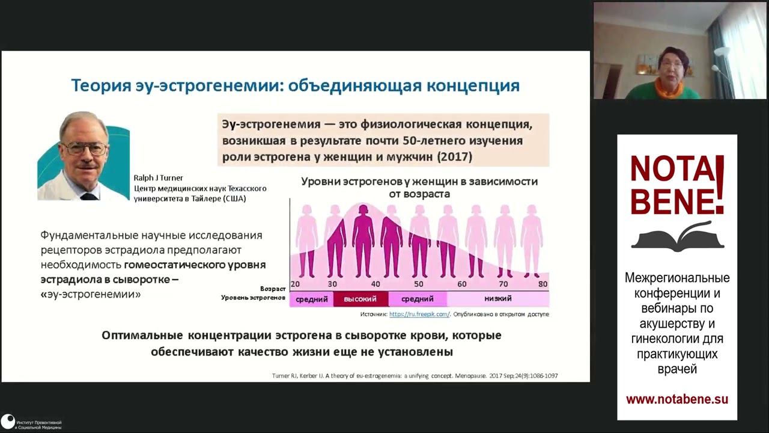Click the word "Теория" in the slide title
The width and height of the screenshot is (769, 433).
click(x=100, y=85)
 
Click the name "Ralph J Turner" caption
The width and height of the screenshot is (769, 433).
click(x=159, y=178)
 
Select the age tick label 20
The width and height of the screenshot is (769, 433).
click(x=295, y=284)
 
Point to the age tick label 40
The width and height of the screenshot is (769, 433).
click(x=375, y=284)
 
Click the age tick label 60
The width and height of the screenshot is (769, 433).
click(x=462, y=284)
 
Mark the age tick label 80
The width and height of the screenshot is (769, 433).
click(x=543, y=284)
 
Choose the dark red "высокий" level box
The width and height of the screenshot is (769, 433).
click(x=360, y=299)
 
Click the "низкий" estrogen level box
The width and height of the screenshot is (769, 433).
click(x=498, y=299)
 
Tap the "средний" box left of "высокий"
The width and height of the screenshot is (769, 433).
click(x=312, y=299)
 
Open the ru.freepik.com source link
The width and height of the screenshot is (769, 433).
click(x=419, y=314)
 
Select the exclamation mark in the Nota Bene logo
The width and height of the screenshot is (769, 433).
click(x=720, y=184)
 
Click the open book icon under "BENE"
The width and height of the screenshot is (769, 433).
click(x=677, y=237)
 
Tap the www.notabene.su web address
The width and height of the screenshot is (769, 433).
click(x=677, y=399)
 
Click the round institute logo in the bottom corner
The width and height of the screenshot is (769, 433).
click(x=8, y=422)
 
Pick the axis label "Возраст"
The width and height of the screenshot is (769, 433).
click(x=273, y=289)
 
